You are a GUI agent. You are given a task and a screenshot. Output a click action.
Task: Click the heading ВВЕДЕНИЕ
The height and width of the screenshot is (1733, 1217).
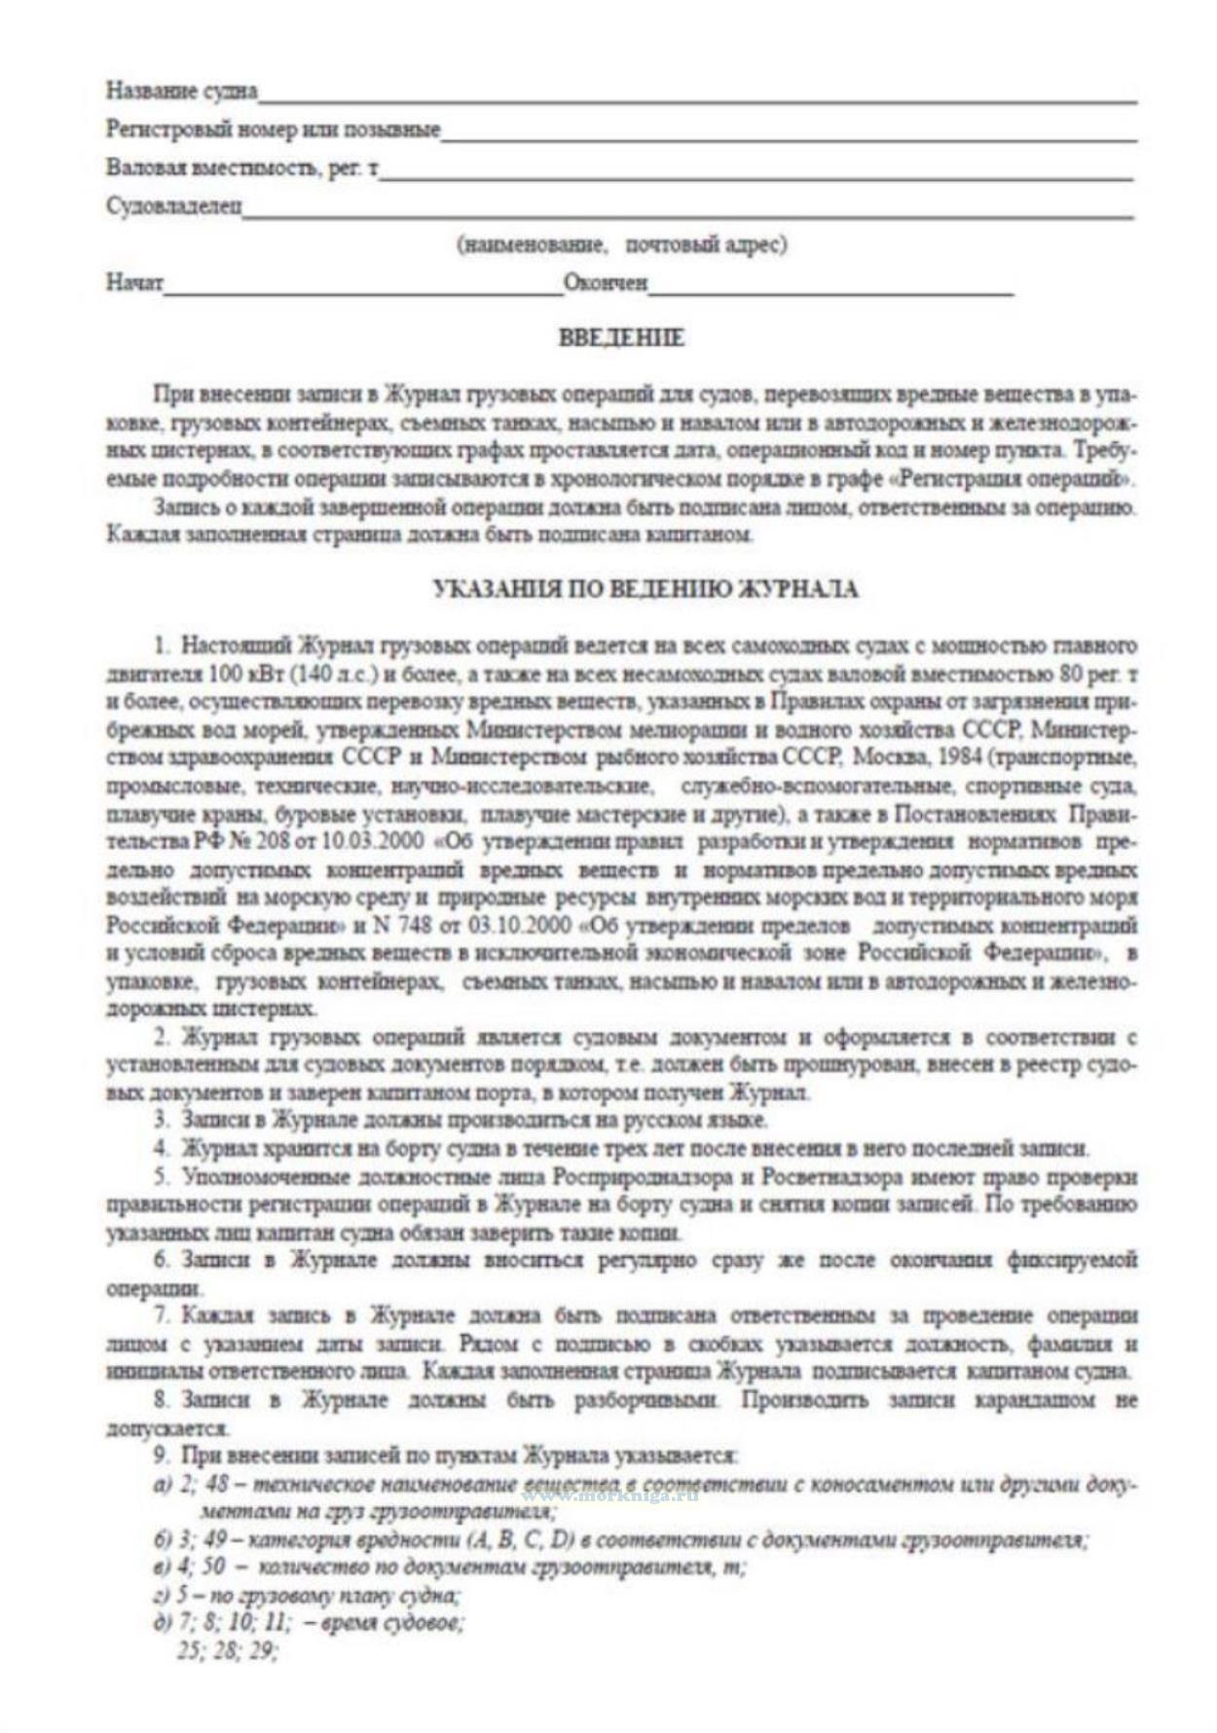(621, 339)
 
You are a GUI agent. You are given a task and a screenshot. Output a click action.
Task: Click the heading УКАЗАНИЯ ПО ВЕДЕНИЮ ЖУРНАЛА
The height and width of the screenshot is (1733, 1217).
(645, 588)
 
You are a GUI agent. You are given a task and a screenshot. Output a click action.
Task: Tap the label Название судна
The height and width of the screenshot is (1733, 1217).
(181, 91)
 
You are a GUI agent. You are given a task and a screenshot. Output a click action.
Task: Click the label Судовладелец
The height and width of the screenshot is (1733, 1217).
(174, 207)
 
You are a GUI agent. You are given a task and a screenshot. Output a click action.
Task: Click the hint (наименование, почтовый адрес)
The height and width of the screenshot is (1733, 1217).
(622, 244)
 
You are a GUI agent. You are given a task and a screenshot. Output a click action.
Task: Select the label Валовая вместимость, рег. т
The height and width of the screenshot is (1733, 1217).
(242, 168)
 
